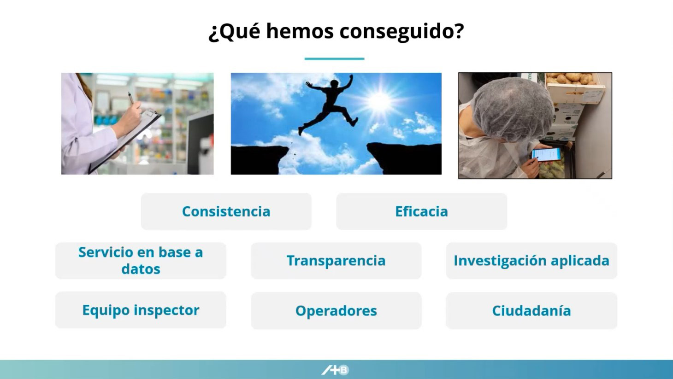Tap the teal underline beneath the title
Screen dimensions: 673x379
(334, 59)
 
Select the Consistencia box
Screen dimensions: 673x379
(226, 211)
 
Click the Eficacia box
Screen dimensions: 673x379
(421, 211)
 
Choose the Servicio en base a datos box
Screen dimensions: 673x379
(141, 261)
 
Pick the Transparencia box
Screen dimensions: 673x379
(336, 261)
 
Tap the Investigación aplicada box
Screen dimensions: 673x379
(531, 261)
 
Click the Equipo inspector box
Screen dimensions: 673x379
(141, 310)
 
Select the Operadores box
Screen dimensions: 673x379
(336, 310)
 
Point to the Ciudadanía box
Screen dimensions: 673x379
(531, 310)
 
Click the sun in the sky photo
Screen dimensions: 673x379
(379, 101)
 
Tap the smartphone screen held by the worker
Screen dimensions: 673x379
(546, 155)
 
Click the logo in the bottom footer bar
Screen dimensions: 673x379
(335, 370)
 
